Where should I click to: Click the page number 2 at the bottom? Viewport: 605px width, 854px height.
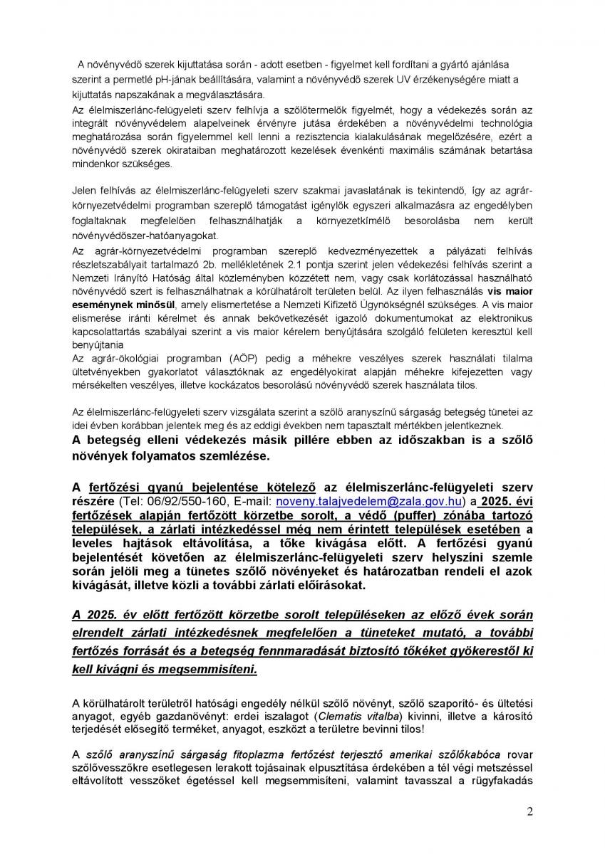[x=529, y=811]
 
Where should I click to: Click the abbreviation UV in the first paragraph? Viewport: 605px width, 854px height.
[x=413, y=80]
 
